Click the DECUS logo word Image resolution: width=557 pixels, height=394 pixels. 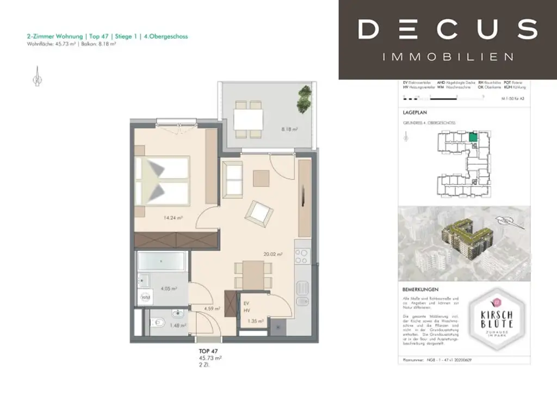pyautogui.click(x=447, y=29)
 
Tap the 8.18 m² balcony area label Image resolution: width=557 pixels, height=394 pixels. pyautogui.click(x=289, y=130)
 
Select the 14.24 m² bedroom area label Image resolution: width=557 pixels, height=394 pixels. pyautogui.click(x=173, y=218)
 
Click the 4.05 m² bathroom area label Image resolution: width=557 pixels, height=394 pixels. pyautogui.click(x=170, y=289)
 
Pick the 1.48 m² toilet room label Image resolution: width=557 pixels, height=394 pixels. pyautogui.click(x=177, y=326)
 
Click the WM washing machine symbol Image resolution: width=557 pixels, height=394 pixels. pyautogui.click(x=146, y=297)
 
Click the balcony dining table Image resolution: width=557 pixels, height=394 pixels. pyautogui.click(x=249, y=119)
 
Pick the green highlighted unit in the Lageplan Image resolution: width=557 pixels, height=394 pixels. pyautogui.click(x=473, y=137)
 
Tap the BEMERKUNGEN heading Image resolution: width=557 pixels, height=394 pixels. pyautogui.click(x=421, y=290)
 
